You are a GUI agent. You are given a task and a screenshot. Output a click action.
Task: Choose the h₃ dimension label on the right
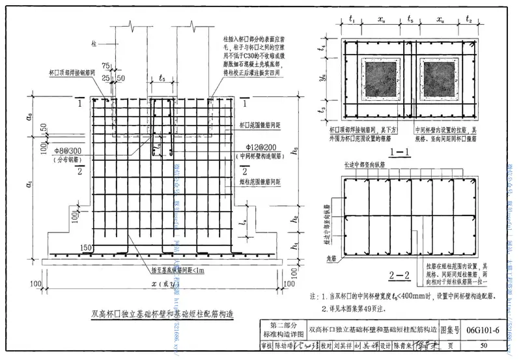(x=295, y=152)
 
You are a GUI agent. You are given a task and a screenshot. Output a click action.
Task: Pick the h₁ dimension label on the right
(x=295, y=246)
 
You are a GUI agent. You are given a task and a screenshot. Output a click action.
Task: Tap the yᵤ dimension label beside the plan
(x=323, y=76)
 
